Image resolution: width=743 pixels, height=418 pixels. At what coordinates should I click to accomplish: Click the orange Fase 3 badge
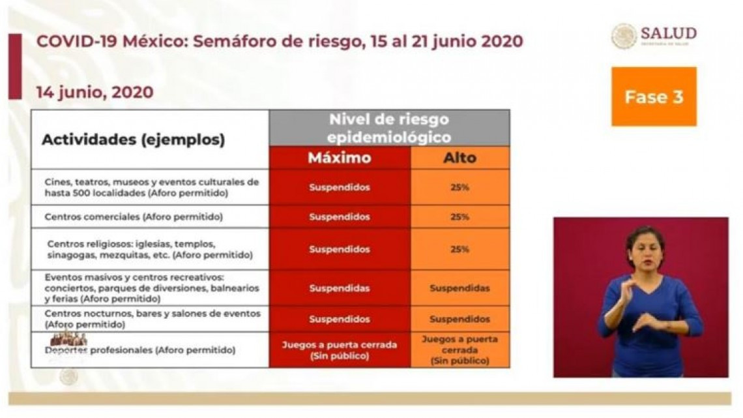pyautogui.click(x=654, y=97)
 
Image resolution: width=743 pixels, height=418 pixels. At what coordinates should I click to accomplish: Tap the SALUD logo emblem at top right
pyautogui.click(x=624, y=36)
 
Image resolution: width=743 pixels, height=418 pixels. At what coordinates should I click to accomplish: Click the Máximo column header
pyautogui.click(x=340, y=158)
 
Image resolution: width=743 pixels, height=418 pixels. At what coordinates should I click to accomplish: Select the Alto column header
pyautogui.click(x=460, y=158)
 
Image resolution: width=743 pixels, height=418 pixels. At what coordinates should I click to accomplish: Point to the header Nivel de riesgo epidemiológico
pyautogui.click(x=389, y=128)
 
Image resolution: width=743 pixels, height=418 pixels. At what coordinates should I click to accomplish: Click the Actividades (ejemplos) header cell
pyautogui.click(x=134, y=140)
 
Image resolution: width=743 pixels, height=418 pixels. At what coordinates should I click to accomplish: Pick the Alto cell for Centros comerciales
pyautogui.click(x=460, y=216)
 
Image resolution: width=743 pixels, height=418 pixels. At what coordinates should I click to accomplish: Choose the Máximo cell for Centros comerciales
pyautogui.click(x=340, y=216)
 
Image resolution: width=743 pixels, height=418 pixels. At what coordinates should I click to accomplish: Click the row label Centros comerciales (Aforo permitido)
pyautogui.click(x=134, y=216)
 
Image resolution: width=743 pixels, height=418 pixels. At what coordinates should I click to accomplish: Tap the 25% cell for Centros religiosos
pyautogui.click(x=460, y=249)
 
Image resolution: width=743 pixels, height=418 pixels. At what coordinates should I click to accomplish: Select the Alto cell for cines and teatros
pyautogui.click(x=460, y=187)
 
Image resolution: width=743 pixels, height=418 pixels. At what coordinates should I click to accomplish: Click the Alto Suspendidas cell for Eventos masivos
pyautogui.click(x=460, y=288)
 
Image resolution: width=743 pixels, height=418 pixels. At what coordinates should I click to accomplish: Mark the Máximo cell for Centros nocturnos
pyautogui.click(x=340, y=319)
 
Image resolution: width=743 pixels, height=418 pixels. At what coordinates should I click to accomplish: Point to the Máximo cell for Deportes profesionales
pyautogui.click(x=340, y=350)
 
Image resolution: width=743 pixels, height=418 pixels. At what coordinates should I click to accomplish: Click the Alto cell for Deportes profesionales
pyautogui.click(x=460, y=350)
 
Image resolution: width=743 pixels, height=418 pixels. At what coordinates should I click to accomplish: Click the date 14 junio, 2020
pyautogui.click(x=95, y=92)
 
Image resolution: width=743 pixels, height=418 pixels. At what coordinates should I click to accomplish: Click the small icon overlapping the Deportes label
pyautogui.click(x=68, y=339)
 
